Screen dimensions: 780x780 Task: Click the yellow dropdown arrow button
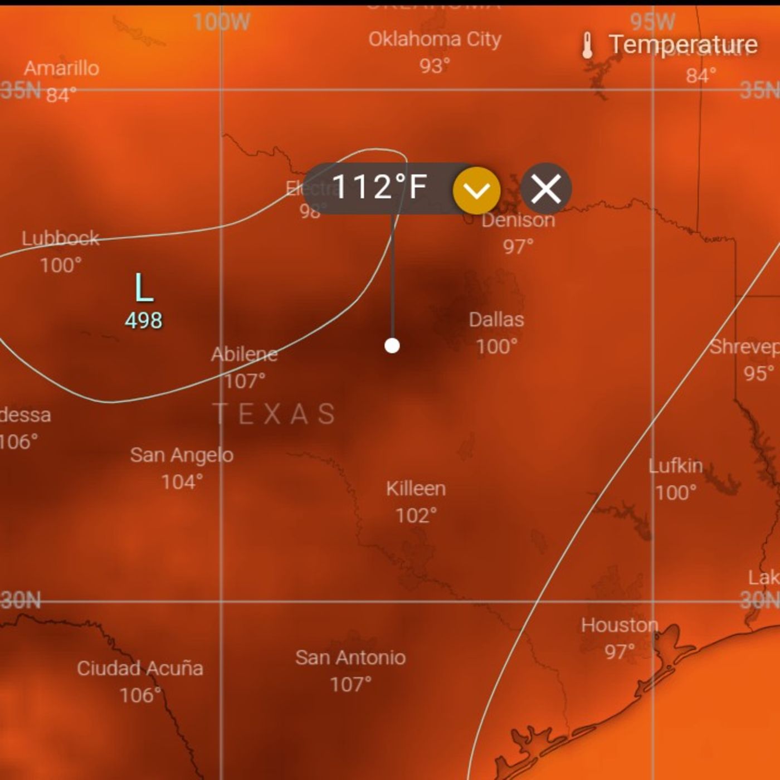pos(476,190)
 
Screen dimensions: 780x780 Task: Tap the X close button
pos(546,189)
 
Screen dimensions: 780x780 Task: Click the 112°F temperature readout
pos(379,187)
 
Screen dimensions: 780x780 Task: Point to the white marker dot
pos(392,345)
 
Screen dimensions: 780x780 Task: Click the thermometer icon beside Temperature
pos(587,46)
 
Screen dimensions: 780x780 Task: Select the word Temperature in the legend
pos(683,45)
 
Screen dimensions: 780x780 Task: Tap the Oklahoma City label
pos(435,40)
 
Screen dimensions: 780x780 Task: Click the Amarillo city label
pos(61,69)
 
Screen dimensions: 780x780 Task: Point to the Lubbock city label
pos(60,238)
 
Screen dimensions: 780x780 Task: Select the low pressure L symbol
pos(144,288)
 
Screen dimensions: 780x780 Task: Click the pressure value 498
pos(144,320)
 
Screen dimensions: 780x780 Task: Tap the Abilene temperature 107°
pos(245,381)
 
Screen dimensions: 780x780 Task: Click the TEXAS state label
pos(274,414)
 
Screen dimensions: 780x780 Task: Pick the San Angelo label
pos(182,455)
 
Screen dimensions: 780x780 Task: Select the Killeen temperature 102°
pos(416,515)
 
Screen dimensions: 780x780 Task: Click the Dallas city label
pos(496,320)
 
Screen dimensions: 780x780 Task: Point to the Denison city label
pos(518,220)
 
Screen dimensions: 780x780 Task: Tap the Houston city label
pos(620,625)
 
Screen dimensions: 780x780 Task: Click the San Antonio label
pos(350,657)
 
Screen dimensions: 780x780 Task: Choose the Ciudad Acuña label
pos(140,668)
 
